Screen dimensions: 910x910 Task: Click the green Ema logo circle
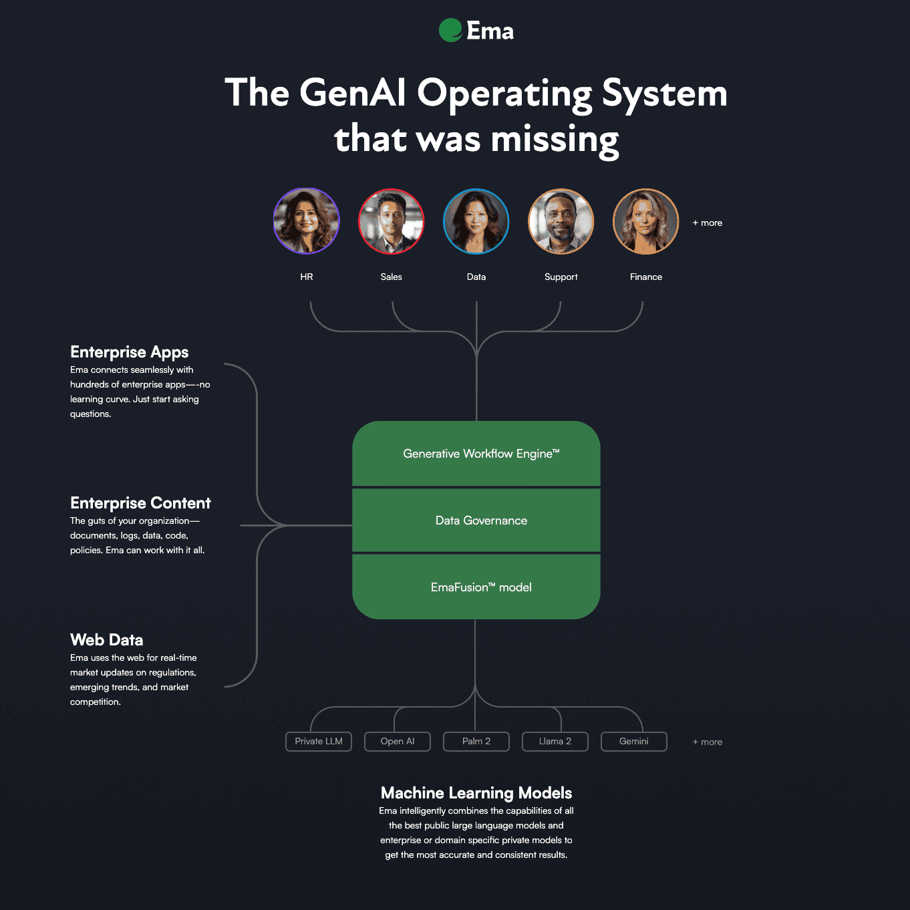coord(450,30)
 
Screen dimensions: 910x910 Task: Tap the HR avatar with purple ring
coord(307,221)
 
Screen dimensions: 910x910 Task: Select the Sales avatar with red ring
coord(391,221)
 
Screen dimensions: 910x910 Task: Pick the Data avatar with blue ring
coord(476,221)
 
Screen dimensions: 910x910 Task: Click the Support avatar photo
coord(561,221)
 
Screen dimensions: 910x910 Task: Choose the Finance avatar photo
coord(645,221)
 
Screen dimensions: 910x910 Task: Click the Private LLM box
coord(319,742)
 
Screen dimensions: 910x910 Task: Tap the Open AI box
coord(398,742)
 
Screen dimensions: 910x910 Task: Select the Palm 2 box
coord(476,742)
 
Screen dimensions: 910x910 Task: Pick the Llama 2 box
coord(555,742)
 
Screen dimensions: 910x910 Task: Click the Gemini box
coord(634,742)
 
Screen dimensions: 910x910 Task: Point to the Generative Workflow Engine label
coord(481,454)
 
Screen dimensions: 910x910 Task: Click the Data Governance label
coord(481,520)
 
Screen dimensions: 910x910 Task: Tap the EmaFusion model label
coord(481,587)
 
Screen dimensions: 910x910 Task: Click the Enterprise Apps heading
coord(130,352)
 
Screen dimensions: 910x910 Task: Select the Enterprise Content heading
coord(140,503)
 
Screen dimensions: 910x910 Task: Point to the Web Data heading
coord(107,640)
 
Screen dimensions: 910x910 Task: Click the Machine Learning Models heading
coord(476,793)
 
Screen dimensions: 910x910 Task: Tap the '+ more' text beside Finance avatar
coord(708,223)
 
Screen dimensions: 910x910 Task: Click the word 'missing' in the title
coord(555,140)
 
